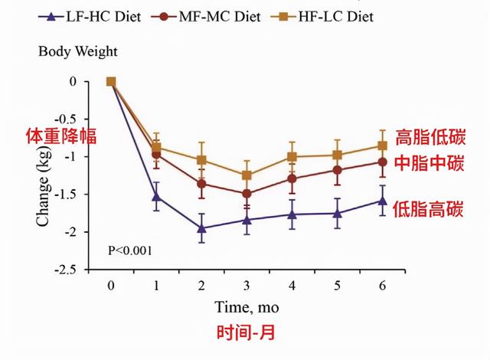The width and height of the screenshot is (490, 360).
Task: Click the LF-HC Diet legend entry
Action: [x=86, y=15]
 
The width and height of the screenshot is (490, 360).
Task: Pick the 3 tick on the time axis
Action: [x=247, y=285]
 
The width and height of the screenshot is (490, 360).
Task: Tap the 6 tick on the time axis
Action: [x=382, y=285]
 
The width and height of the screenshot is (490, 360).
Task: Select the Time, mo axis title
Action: [x=247, y=307]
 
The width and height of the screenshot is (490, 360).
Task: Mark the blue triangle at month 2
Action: [x=201, y=228]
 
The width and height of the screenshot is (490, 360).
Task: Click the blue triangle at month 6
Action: [x=382, y=201]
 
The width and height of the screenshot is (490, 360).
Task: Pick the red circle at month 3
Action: [x=247, y=194]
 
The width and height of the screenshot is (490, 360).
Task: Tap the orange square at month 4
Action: [x=292, y=157]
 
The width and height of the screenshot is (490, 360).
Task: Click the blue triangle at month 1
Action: [x=156, y=197]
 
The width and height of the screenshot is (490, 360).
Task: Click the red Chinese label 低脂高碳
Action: [x=429, y=208]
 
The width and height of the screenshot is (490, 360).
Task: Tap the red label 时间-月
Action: [x=247, y=333]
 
